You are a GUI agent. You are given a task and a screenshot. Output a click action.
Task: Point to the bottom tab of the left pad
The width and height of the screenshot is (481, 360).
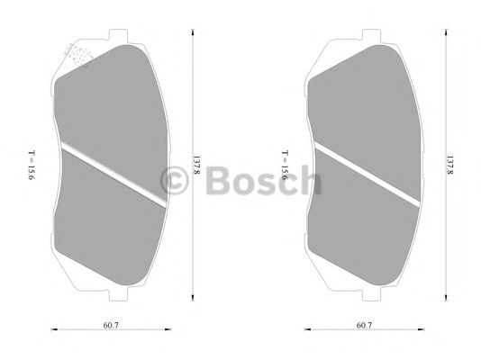[114, 294]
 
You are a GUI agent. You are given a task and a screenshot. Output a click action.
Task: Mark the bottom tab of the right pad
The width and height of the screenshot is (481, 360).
[366, 294]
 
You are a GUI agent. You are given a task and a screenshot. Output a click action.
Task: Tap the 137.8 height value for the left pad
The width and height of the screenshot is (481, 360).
[197, 166]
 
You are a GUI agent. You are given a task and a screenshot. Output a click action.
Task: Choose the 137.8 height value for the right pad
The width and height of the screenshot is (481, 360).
[449, 166]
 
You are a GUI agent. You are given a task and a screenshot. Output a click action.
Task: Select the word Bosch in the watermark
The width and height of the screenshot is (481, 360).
[262, 181]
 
